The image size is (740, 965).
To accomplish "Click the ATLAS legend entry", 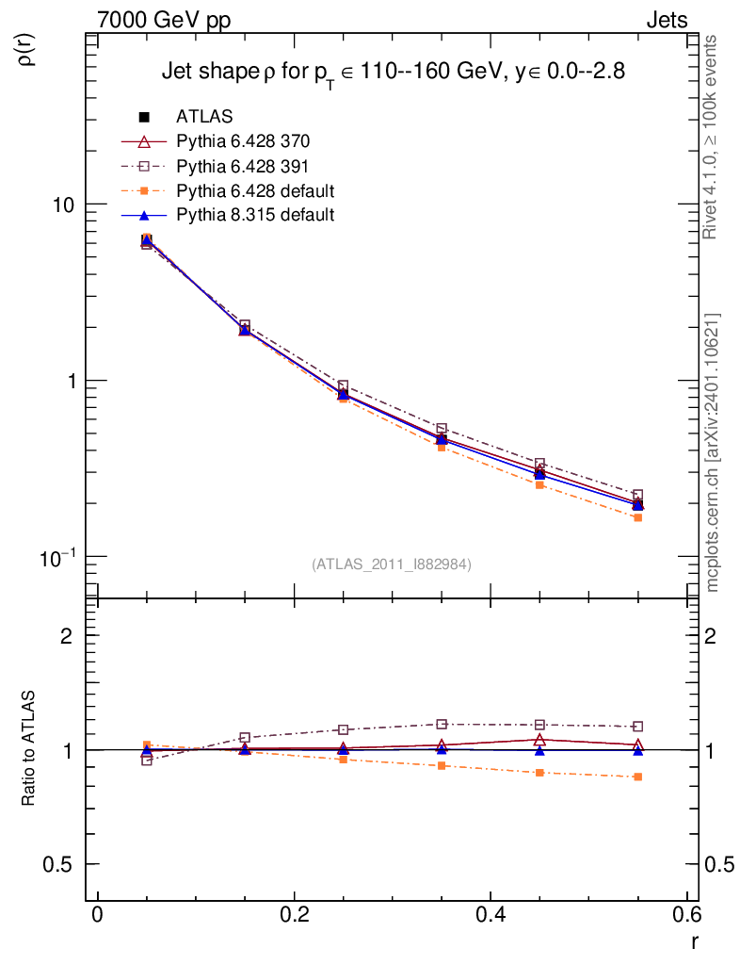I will (x=204, y=117).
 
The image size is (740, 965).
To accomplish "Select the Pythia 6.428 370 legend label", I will (x=243, y=141).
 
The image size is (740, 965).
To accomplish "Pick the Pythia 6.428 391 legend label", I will (x=243, y=166).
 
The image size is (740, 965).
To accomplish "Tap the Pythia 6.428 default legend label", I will (x=256, y=190).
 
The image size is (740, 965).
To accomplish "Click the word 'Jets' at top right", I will (x=666, y=20).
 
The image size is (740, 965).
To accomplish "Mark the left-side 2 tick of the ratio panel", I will (x=67, y=635).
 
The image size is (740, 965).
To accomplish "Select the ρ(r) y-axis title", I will (x=27, y=49).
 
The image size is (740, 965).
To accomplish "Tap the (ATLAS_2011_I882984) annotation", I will (x=392, y=564).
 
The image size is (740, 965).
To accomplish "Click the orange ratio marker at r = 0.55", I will (x=638, y=777).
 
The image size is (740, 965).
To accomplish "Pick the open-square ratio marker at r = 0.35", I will (x=442, y=724).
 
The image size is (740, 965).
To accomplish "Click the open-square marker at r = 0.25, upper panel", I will (x=343, y=386).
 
